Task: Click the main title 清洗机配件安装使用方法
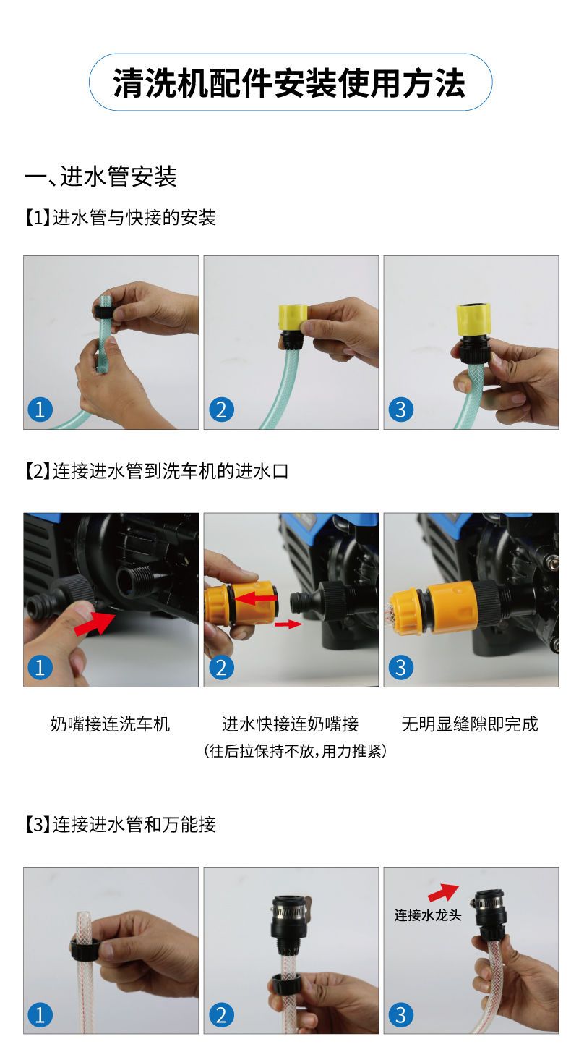point(289,84)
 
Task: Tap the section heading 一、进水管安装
point(101,177)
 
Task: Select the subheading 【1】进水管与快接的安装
point(120,218)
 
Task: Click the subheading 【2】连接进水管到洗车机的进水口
point(156,470)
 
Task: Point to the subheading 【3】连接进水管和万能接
point(120,824)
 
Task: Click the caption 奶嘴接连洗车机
point(110,724)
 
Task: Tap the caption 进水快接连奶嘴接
point(290,724)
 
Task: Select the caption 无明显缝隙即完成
point(470,724)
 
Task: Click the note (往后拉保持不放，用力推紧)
point(295,750)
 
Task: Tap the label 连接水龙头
point(427,915)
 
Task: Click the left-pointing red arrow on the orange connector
point(257,598)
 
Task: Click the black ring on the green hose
point(103,311)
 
